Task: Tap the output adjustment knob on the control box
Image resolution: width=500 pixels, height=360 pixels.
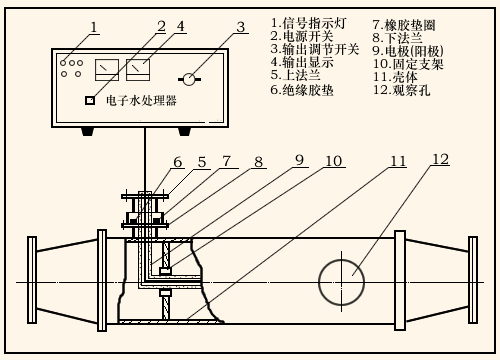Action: pos(189,79)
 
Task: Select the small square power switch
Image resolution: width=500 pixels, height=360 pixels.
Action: pos(90,100)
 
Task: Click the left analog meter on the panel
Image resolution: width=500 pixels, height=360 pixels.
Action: pos(107,70)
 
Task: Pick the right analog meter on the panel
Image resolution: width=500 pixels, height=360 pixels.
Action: pos(138,70)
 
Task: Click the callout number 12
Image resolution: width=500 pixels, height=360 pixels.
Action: pos(441,159)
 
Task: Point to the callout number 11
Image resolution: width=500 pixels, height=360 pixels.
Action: pos(398,161)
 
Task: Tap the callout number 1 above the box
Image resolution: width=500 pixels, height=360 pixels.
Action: pos(94,27)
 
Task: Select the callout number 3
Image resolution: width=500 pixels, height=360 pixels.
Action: pos(241,27)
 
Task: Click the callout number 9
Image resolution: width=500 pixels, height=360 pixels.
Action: pos(300,160)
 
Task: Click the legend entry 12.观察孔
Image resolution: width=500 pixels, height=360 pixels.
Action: pos(401,90)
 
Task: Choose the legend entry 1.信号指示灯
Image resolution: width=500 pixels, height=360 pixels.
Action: pos(309,23)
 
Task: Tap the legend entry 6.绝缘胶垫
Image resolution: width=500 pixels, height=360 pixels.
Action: pos(302,90)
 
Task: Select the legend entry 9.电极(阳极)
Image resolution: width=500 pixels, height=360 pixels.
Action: pos(408,51)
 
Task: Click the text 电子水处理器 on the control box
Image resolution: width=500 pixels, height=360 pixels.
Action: pos(141,100)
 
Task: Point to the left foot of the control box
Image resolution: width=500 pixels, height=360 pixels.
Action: pos(88,132)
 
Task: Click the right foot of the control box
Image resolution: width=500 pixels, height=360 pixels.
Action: pos(184,132)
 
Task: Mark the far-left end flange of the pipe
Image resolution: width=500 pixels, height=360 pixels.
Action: pos(32,280)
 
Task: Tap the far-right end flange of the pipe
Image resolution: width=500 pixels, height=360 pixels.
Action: pos(473,280)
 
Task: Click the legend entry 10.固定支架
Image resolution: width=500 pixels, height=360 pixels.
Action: pos(408,64)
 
